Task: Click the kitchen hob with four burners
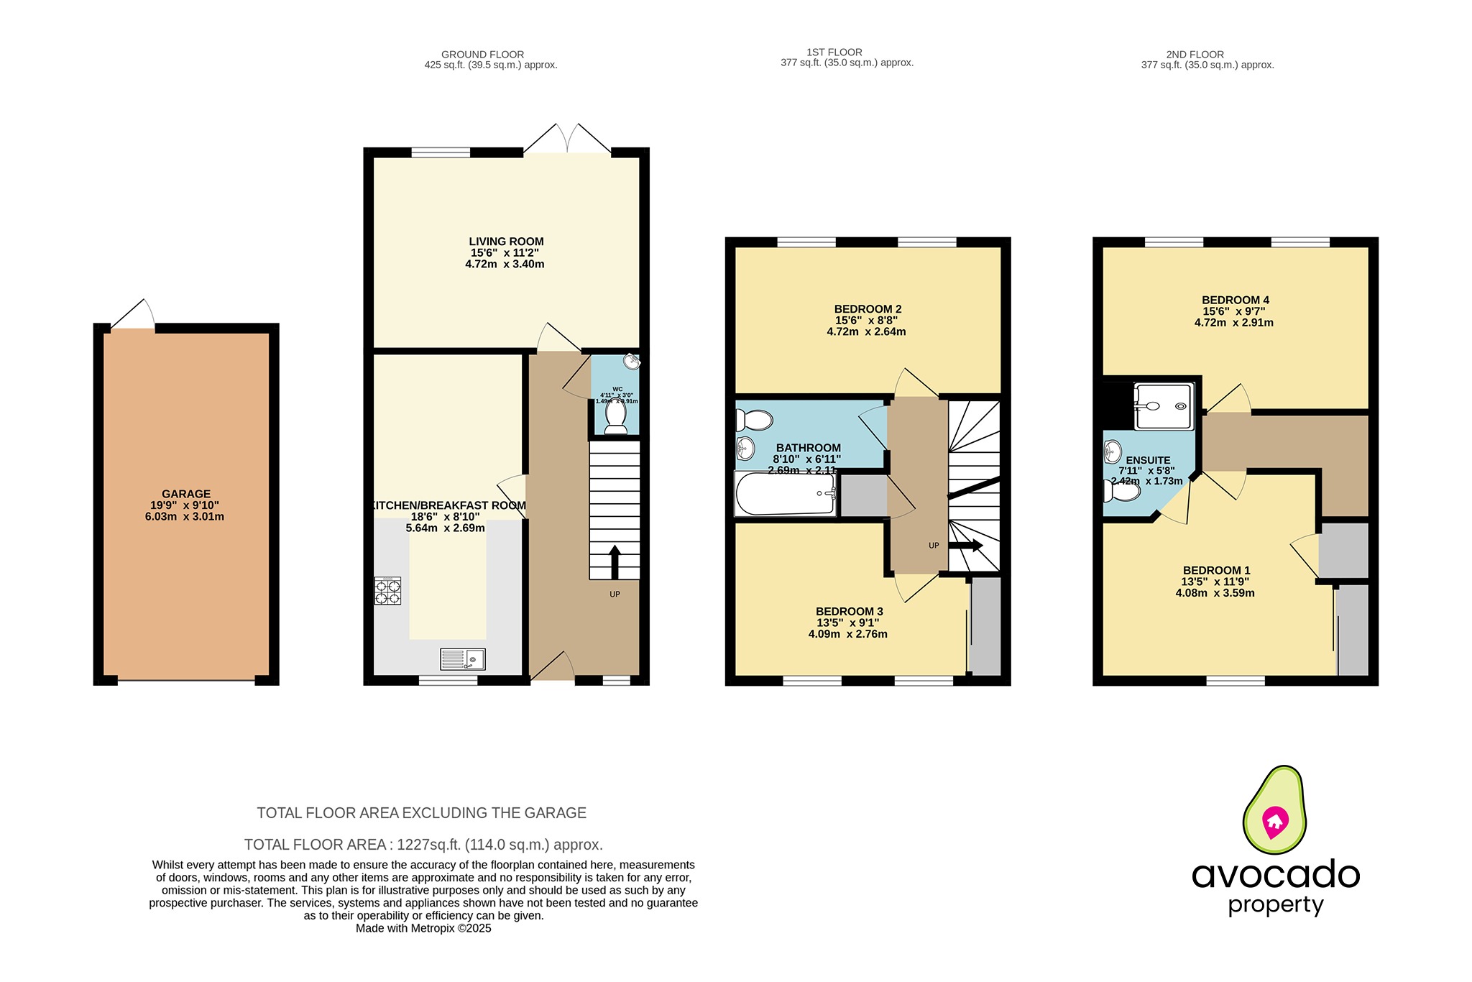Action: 387,590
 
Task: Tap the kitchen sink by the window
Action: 463,659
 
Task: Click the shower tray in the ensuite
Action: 1164,406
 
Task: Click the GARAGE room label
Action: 185,494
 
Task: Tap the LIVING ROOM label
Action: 506,242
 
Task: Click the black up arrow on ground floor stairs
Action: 615,561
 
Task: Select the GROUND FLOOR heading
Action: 482,54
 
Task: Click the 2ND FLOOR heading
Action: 1195,54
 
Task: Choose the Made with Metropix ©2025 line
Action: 423,928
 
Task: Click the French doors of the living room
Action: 567,140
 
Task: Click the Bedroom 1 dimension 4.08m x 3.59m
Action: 1215,593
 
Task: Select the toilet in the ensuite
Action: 1122,491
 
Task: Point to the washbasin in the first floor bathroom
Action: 745,450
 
